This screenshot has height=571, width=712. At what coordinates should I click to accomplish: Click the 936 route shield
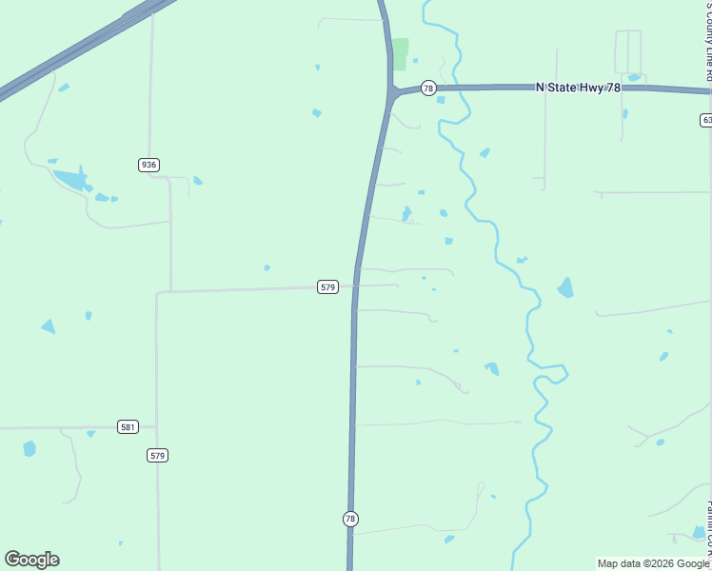coord(148,165)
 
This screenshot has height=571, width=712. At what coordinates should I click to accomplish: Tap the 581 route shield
coord(128,426)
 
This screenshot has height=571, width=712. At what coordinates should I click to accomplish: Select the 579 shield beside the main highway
coord(327,286)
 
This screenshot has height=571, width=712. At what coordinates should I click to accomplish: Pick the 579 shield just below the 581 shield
coord(158,456)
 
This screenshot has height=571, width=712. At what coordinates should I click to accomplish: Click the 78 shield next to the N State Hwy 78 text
coord(428,89)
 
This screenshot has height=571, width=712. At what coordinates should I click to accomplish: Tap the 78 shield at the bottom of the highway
coord(350,519)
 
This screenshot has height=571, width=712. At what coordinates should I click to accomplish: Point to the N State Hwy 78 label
coord(578,88)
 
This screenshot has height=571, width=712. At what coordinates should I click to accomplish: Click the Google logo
coord(31,560)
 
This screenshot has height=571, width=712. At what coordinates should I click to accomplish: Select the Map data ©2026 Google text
coord(653,563)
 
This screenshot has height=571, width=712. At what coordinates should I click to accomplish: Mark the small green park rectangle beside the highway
coord(401,53)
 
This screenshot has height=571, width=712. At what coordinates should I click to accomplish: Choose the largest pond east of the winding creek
coord(566,287)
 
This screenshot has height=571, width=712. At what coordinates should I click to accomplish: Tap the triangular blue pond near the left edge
coord(48,326)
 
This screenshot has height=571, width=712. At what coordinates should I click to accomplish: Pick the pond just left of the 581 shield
coord(91,433)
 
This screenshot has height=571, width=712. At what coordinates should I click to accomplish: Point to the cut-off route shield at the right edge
coord(705,120)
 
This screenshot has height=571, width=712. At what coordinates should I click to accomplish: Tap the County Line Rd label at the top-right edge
coord(706,33)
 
